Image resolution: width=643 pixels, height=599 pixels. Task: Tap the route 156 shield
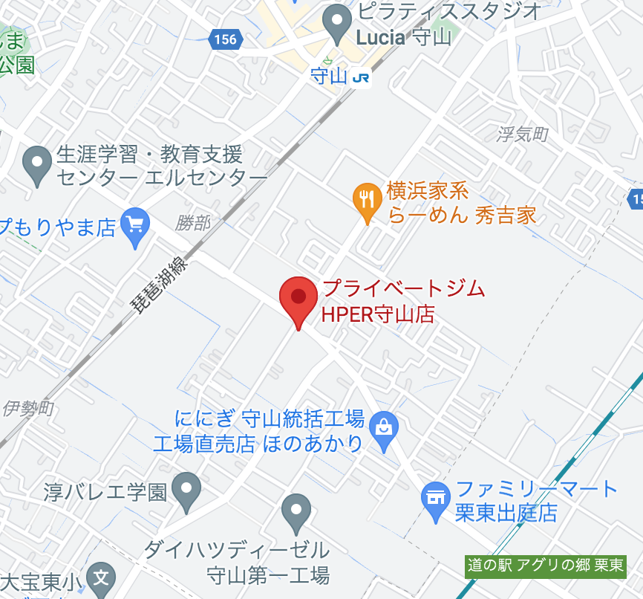(224, 39)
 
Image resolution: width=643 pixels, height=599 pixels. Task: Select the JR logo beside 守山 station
(361, 77)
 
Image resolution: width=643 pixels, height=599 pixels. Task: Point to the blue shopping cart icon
(134, 224)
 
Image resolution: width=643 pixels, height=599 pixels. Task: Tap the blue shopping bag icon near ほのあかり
(384, 429)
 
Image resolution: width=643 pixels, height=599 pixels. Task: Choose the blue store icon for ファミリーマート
(434, 497)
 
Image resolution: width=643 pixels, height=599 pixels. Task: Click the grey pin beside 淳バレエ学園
(186, 489)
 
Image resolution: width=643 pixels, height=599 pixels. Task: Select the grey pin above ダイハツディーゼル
(296, 511)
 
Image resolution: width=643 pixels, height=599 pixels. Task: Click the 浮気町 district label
(522, 134)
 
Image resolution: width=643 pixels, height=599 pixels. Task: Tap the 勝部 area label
(193, 222)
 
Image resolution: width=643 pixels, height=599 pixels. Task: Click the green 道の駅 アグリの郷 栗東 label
(545, 566)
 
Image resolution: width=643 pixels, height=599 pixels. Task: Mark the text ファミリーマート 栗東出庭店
(536, 501)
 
